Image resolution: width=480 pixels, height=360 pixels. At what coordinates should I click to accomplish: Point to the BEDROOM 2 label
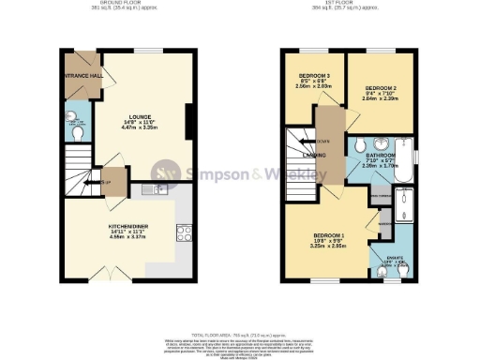(381, 89)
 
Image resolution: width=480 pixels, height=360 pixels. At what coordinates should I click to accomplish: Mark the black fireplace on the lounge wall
(190, 120)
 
